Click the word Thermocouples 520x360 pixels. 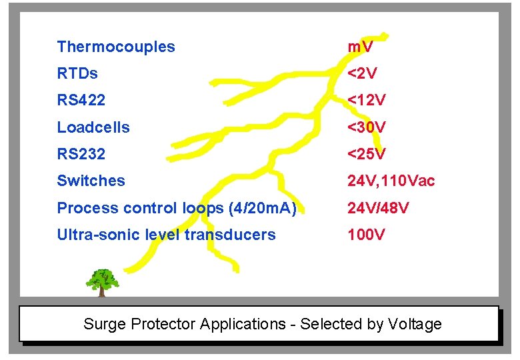[116, 47]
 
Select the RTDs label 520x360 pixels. [77, 73]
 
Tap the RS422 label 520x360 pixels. [81, 101]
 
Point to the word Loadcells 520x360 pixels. [93, 127]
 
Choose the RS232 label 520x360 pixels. [81, 154]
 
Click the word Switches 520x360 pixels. [91, 181]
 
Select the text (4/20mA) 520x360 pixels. [262, 208]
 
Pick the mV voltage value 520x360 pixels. [360, 47]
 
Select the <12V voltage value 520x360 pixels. [367, 101]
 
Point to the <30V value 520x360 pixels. [367, 127]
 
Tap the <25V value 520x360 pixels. [367, 154]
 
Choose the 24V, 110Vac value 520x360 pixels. [391, 181]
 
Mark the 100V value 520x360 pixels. [366, 235]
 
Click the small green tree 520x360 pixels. [102, 282]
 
